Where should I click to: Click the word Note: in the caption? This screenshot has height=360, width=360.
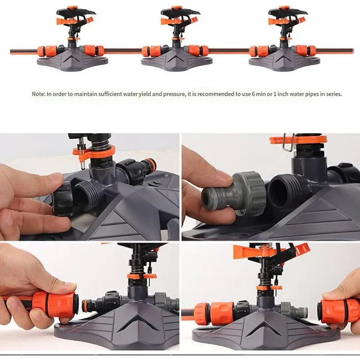(x=38, y=94)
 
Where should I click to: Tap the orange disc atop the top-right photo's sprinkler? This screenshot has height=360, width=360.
(x=298, y=139)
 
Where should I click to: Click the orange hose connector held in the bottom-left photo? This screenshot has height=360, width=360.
(x=57, y=303)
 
